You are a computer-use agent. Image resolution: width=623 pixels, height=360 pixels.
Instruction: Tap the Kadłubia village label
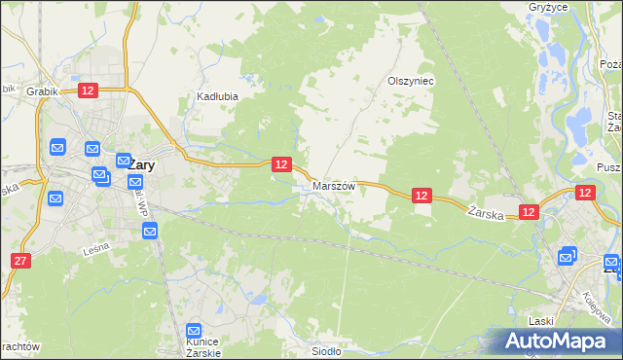pos(217,96)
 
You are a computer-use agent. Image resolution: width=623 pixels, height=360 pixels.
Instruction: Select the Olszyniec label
pos(410,81)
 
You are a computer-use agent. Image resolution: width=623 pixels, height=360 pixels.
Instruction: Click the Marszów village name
pos(334,185)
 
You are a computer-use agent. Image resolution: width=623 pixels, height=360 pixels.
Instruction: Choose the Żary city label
pos(140,164)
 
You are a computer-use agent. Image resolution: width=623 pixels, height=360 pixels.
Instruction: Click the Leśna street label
pos(96,249)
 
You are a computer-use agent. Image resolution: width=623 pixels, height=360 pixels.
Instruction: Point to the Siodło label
pos(325,351)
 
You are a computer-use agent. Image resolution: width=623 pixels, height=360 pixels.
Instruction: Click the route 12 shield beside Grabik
pos(88,90)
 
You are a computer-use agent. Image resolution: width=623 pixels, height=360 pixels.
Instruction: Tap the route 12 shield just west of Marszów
pos(280,164)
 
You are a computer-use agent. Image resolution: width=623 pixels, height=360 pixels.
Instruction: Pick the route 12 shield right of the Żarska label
pos(529,211)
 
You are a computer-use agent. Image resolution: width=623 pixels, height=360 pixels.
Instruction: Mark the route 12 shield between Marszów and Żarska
pos(421,196)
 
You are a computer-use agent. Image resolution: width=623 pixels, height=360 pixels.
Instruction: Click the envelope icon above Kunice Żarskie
pos(194,331)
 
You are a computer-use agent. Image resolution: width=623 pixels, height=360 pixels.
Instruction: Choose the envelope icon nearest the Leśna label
pos(149,231)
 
